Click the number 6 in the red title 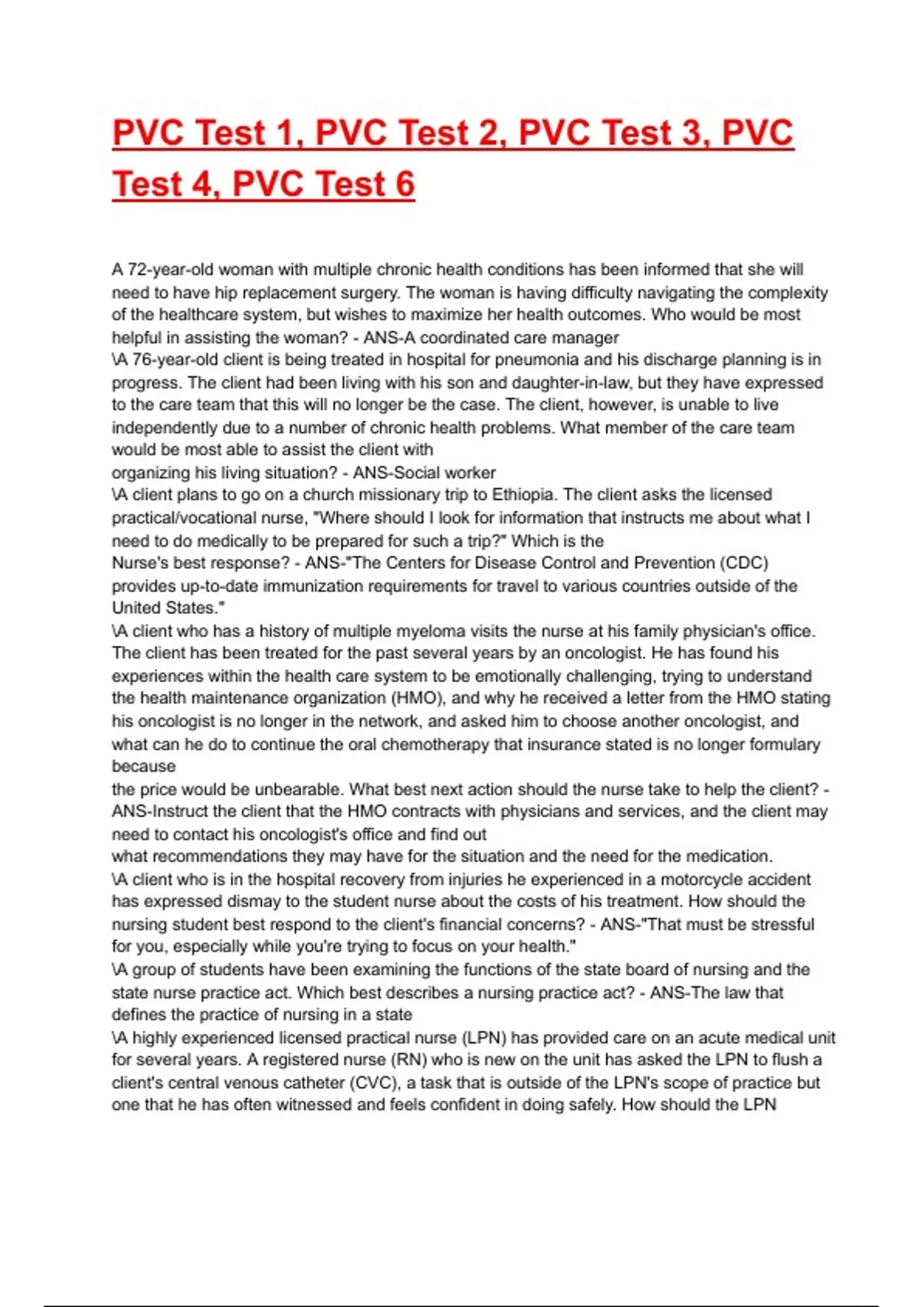(x=405, y=184)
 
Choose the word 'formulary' (x=782, y=744)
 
